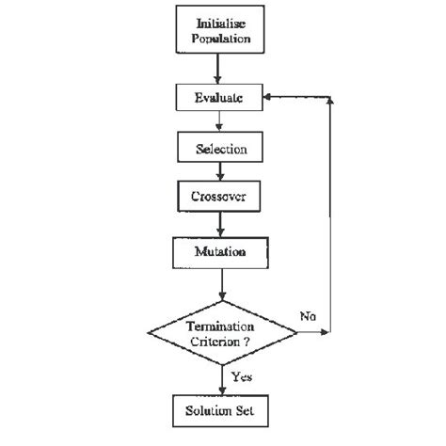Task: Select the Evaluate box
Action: pyautogui.click(x=220, y=98)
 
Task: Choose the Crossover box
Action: pyautogui.click(x=220, y=199)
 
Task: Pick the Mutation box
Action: pyautogui.click(x=220, y=252)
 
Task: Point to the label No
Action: pyautogui.click(x=308, y=316)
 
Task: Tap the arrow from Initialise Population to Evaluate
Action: pyautogui.click(x=220, y=67)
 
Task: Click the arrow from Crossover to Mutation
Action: pyautogui.click(x=220, y=225)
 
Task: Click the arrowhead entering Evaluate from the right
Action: pyautogui.click(x=274, y=97)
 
